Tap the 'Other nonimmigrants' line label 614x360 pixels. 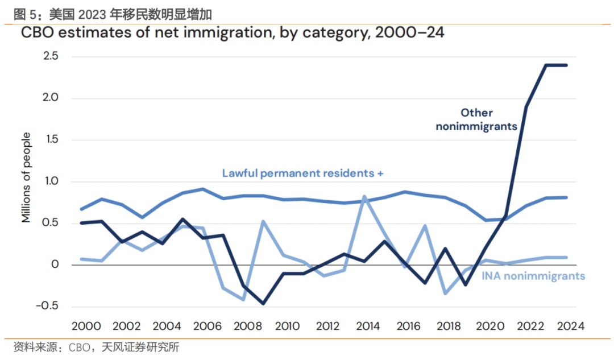tap(476, 119)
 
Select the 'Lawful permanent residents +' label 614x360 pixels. tap(302, 173)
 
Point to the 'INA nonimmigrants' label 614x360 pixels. tap(533, 276)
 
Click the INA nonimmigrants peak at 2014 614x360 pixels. tap(364, 197)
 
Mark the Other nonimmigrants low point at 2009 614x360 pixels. tap(263, 304)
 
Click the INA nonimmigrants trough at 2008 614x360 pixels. tap(243, 300)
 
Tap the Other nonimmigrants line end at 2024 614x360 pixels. tap(566, 65)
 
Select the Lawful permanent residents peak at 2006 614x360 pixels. tap(203, 189)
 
